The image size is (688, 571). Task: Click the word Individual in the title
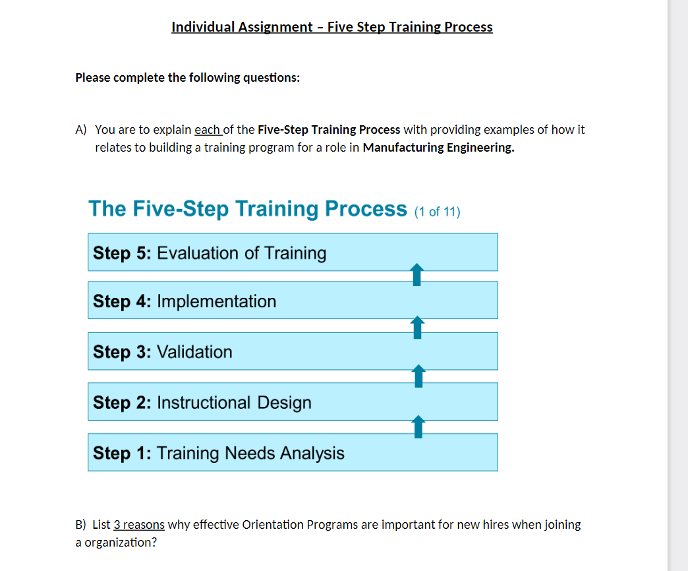point(202,27)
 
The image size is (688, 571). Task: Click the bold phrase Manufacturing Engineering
point(438,147)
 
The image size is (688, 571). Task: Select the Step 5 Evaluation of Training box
point(293,253)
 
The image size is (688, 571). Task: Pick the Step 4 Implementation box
point(293,301)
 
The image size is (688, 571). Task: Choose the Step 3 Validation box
point(293,351)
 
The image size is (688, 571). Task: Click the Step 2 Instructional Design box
point(293,402)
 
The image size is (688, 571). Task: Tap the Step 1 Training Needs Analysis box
point(293,453)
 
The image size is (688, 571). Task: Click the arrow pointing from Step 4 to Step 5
point(416,276)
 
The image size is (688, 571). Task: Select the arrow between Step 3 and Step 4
point(416,326)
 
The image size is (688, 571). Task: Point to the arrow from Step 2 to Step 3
point(416,376)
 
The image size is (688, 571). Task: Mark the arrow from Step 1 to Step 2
point(416,427)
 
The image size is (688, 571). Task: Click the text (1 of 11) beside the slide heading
point(437,212)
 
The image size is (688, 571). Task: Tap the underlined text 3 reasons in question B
point(139,525)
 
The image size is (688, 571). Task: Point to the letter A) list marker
point(81,130)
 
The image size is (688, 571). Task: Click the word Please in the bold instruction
point(93,78)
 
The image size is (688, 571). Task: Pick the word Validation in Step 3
point(194,352)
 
